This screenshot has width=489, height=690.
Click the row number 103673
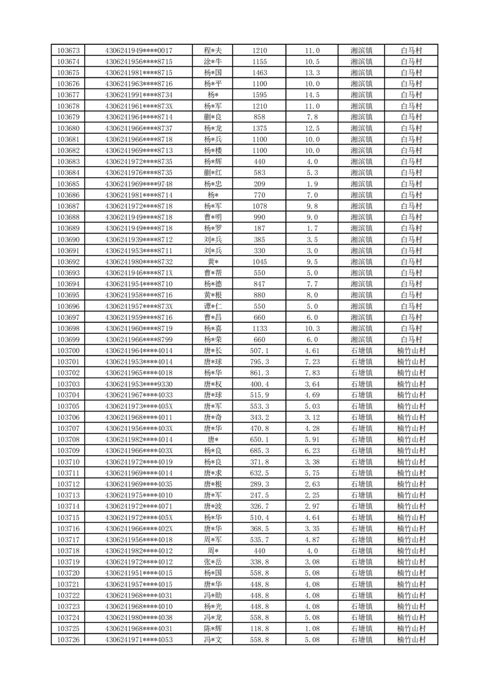68,50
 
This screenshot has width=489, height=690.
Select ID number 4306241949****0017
139,50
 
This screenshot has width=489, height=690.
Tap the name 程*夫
213,50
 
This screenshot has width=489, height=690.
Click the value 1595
259,95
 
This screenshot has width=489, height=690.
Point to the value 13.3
312,73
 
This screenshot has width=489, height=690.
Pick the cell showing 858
259,117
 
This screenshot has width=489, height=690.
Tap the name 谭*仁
213,306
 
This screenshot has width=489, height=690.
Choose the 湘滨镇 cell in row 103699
361,339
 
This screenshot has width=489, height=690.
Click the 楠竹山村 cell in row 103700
411,351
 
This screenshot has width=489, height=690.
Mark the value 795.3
259,362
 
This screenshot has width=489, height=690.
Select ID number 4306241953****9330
139,384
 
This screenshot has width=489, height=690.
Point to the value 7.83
312,373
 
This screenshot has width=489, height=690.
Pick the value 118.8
259,629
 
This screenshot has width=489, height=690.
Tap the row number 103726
68,640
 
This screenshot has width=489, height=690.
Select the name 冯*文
213,640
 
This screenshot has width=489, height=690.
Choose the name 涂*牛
213,61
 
